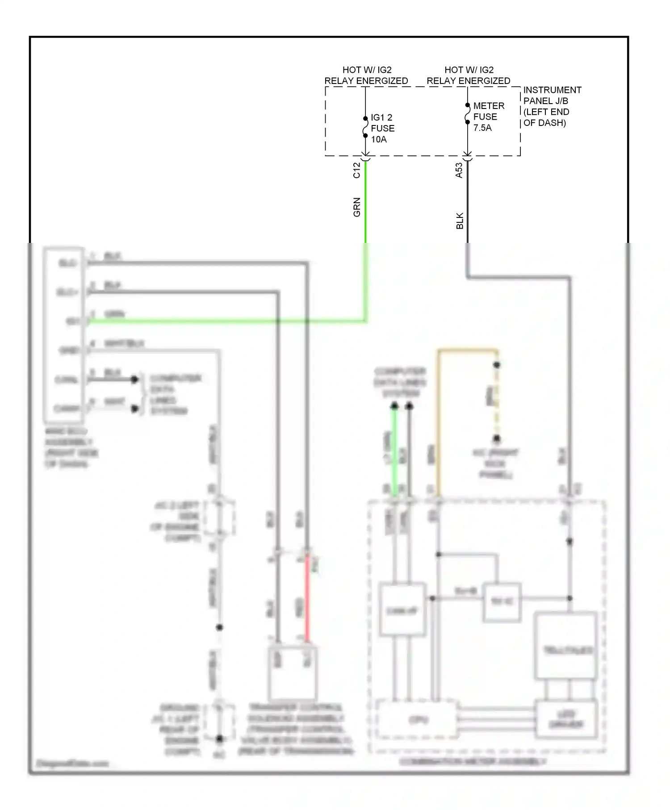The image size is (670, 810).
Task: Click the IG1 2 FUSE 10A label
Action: pyautogui.click(x=382, y=128)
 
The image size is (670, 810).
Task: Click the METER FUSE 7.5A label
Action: pyautogui.click(x=488, y=117)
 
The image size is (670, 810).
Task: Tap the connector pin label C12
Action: pyautogui.click(x=356, y=170)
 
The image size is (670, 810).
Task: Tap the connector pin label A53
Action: pyautogui.click(x=459, y=170)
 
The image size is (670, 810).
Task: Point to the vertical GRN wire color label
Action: pyautogui.click(x=356, y=207)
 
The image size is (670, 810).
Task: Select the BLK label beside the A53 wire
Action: pyautogui.click(x=460, y=221)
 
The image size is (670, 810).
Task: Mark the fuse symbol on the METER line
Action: pyautogui.click(x=467, y=114)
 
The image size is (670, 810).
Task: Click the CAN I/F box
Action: pyautogui.click(x=402, y=610)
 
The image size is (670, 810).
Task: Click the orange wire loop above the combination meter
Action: pyautogui.click(x=467, y=351)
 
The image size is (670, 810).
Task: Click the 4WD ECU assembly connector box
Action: pyautogui.click(x=63, y=335)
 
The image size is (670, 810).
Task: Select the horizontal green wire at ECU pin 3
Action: pyautogui.click(x=223, y=321)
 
